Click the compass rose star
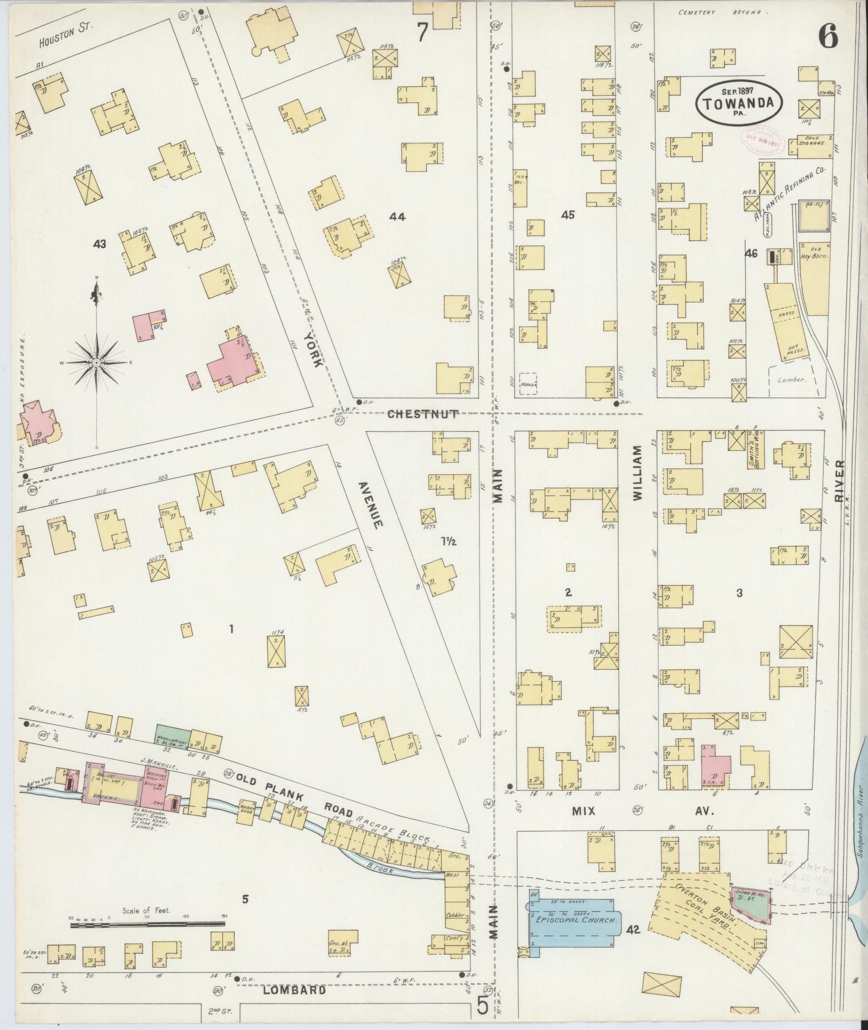click(x=96, y=363)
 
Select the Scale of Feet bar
click(x=147, y=924)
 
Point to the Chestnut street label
click(x=423, y=414)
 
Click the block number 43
click(x=99, y=244)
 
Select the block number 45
click(x=568, y=215)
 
